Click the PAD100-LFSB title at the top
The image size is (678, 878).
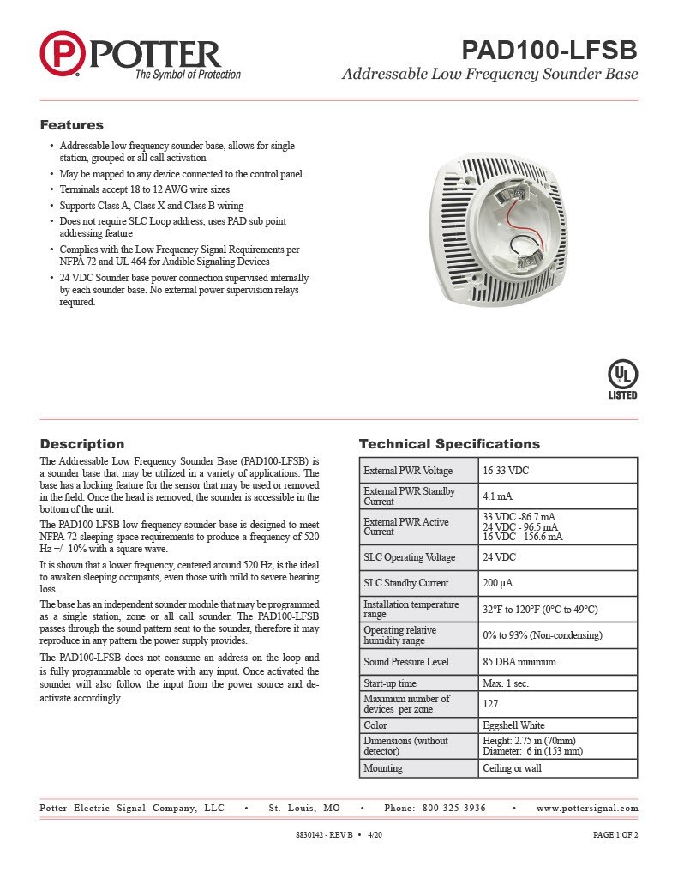(x=549, y=51)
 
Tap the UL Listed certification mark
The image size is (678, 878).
(x=622, y=378)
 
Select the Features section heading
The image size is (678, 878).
(x=72, y=125)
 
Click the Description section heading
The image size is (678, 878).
(x=82, y=444)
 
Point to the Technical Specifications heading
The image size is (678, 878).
(x=449, y=444)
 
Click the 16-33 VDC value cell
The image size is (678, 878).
(x=557, y=471)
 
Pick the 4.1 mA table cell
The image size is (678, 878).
(x=557, y=496)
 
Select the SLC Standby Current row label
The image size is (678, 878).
(x=405, y=583)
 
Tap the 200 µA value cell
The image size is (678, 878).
(x=557, y=583)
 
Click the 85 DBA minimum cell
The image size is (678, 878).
(x=557, y=662)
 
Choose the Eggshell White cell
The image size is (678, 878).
(x=557, y=725)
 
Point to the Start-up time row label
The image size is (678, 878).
(x=390, y=683)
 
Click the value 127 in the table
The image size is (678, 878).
(x=557, y=704)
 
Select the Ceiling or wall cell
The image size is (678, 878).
(x=557, y=768)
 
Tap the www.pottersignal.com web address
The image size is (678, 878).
(x=587, y=808)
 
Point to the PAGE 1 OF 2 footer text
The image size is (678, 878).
(x=615, y=834)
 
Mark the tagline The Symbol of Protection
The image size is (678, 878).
(x=188, y=75)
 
